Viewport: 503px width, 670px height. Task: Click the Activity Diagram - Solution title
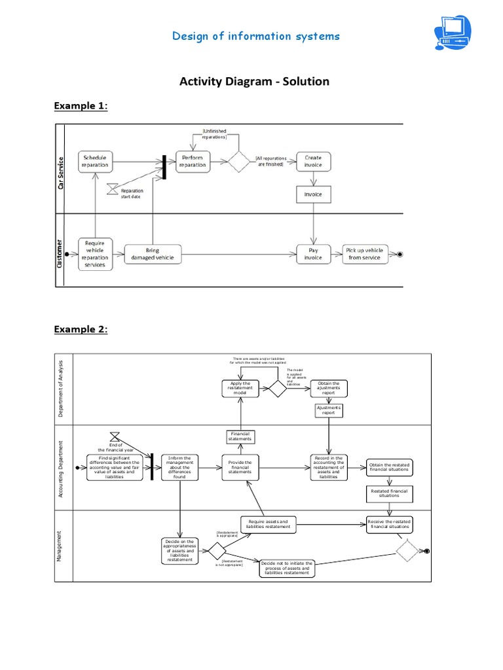(255, 82)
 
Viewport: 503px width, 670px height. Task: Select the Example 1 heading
(81, 106)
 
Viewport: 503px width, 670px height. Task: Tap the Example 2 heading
(81, 329)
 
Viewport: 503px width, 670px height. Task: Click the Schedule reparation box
(96, 161)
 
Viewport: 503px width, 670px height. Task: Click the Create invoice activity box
(314, 161)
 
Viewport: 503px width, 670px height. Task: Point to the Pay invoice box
(314, 254)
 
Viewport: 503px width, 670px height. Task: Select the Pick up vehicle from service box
(365, 254)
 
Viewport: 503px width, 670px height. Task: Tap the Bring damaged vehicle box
(153, 254)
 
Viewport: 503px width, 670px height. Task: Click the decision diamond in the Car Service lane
(238, 161)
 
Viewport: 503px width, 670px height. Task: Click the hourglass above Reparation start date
(112, 188)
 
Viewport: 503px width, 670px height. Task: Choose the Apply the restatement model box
(240, 389)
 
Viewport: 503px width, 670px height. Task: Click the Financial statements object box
(240, 436)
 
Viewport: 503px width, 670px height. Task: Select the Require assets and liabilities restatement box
(268, 524)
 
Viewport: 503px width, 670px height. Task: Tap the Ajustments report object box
(329, 411)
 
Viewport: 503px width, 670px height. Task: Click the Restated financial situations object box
(389, 493)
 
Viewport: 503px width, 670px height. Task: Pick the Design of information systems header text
(256, 36)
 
